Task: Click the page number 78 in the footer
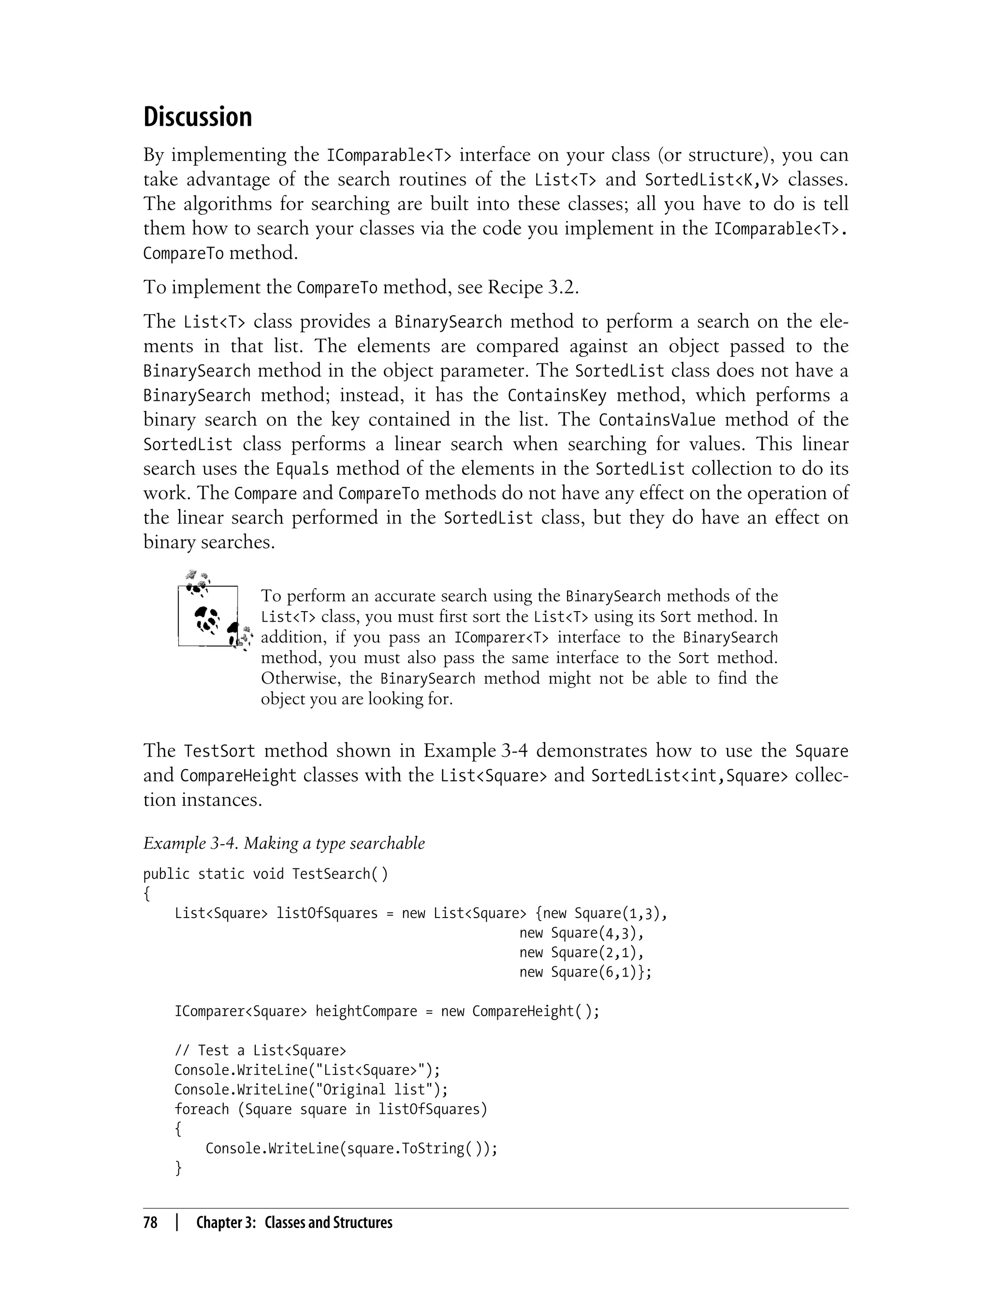150,1222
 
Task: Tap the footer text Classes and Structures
328,1222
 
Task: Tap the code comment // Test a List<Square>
261,1050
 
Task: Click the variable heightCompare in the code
365,1011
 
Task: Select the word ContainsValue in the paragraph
656,420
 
